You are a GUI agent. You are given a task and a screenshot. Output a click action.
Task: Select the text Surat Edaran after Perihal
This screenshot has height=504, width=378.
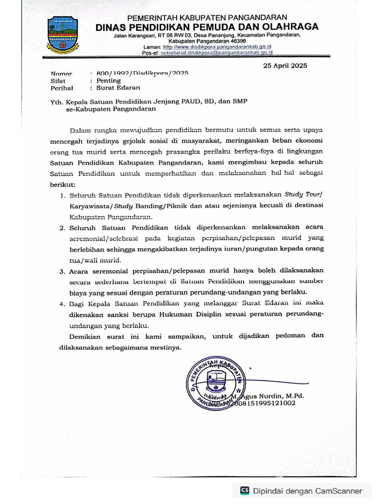pyautogui.click(x=115, y=88)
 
